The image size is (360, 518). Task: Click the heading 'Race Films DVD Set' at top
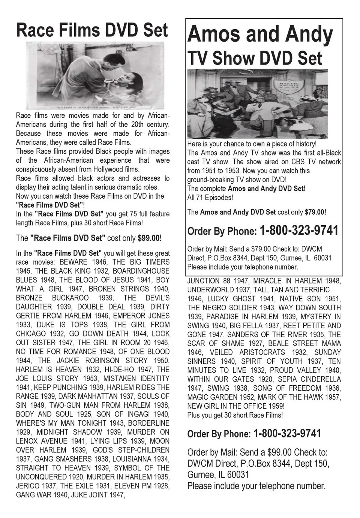[x=92, y=30]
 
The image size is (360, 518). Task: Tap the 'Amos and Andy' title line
[x=260, y=35]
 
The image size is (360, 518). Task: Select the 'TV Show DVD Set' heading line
[x=255, y=58]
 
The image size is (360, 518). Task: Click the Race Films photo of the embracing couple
[x=94, y=75]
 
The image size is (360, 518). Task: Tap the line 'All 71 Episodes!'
[x=210, y=198]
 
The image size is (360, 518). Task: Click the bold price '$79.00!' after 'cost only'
[x=315, y=212]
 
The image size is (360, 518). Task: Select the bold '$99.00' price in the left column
[x=148, y=238]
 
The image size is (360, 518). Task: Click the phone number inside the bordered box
[x=299, y=231]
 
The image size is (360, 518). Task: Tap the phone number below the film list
[x=287, y=434]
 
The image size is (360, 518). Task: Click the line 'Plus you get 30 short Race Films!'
[x=235, y=415]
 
